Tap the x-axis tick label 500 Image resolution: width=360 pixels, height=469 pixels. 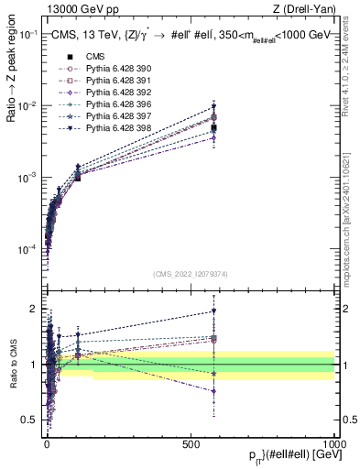191,442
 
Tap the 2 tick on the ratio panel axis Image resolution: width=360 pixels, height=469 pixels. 36,308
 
